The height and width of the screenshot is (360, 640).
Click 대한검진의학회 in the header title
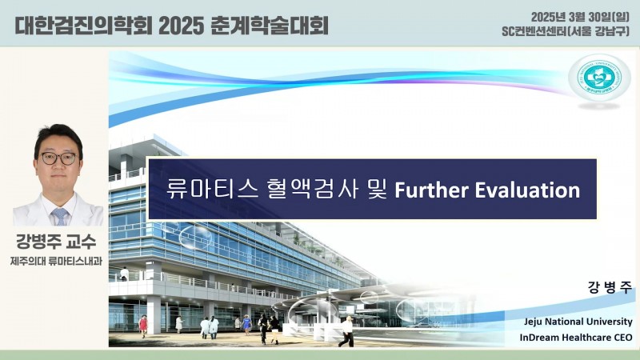pos(83,26)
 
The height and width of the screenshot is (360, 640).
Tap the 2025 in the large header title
pos(181,26)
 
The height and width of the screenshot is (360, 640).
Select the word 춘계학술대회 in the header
pos(270,26)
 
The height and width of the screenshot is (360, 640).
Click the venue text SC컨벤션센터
pos(534,31)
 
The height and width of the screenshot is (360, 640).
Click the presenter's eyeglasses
pos(58,158)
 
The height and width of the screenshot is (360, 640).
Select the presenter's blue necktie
pos(59,216)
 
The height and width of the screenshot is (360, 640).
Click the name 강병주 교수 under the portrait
pos(56,242)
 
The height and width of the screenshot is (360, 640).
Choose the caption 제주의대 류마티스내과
pos(56,261)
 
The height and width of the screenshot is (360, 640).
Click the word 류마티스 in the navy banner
pos(212,190)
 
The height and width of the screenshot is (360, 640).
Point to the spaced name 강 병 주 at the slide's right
pos(610,287)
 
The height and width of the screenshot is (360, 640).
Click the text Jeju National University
pos(578,322)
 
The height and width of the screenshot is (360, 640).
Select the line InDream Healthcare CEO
pos(576,338)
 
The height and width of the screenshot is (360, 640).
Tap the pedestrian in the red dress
pos(143,326)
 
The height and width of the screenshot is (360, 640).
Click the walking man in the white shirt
pos(347,331)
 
